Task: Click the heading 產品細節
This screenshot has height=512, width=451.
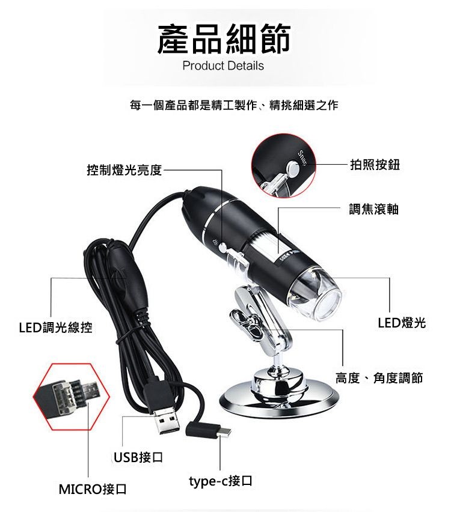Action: click(224, 39)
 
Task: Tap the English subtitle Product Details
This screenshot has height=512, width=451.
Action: click(223, 66)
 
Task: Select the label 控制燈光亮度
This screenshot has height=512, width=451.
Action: click(124, 170)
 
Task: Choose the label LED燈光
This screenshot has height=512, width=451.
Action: click(401, 323)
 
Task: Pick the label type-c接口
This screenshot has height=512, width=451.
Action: click(219, 480)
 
